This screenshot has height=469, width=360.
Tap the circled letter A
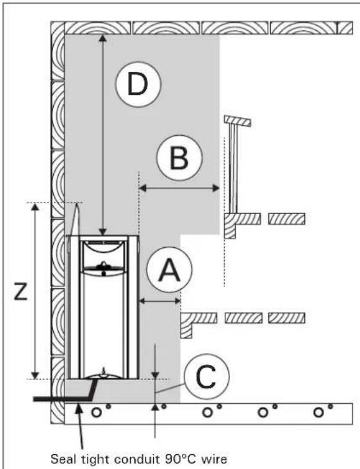click(x=168, y=272)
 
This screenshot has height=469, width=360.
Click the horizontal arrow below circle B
click(x=179, y=188)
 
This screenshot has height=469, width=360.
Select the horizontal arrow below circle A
click(x=160, y=300)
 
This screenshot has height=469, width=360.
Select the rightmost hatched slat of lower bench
click(x=286, y=317)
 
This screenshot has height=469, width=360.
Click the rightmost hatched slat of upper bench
click(x=286, y=218)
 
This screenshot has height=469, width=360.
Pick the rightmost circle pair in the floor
click(x=321, y=411)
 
